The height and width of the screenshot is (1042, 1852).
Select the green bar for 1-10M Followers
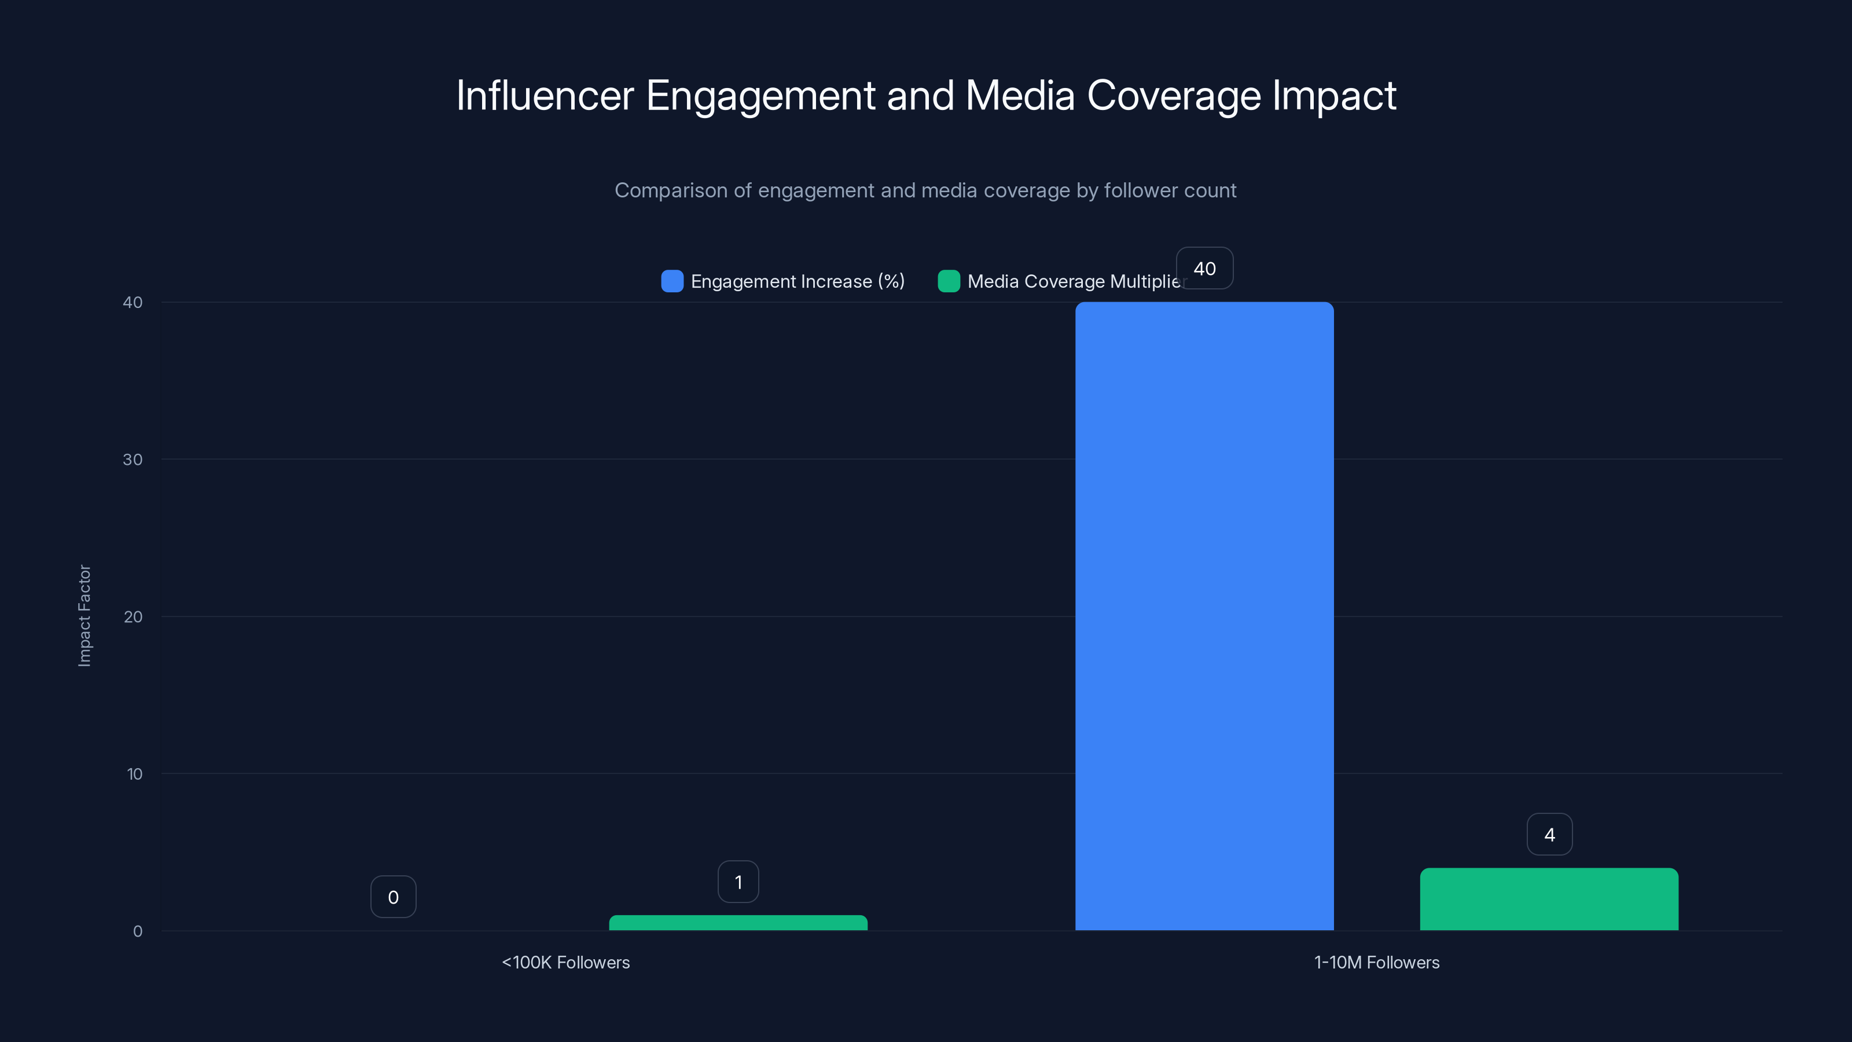pos(1549,899)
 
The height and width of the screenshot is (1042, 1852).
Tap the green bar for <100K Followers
pos(738,923)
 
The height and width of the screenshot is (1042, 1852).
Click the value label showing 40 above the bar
pos(1204,268)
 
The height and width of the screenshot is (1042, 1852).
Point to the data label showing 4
pos(1549,834)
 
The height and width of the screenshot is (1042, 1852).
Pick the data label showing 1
pos(738,882)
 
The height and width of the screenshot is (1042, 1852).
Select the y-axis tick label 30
pos(133,460)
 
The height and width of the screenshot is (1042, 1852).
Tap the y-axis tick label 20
pos(133,617)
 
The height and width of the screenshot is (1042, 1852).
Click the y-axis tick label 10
pos(134,774)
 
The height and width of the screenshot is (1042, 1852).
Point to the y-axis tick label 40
pos(133,302)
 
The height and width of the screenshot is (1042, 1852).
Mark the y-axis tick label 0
pos(137,931)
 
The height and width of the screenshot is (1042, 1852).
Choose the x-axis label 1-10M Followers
pos(1376,962)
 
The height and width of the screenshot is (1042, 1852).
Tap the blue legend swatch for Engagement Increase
pos(671,281)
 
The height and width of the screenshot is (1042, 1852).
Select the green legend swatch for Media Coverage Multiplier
pos(949,281)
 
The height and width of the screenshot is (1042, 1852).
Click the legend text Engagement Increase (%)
pos(798,281)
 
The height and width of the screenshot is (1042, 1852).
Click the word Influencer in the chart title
pos(544,96)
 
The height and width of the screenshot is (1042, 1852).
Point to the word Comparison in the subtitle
pos(670,190)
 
